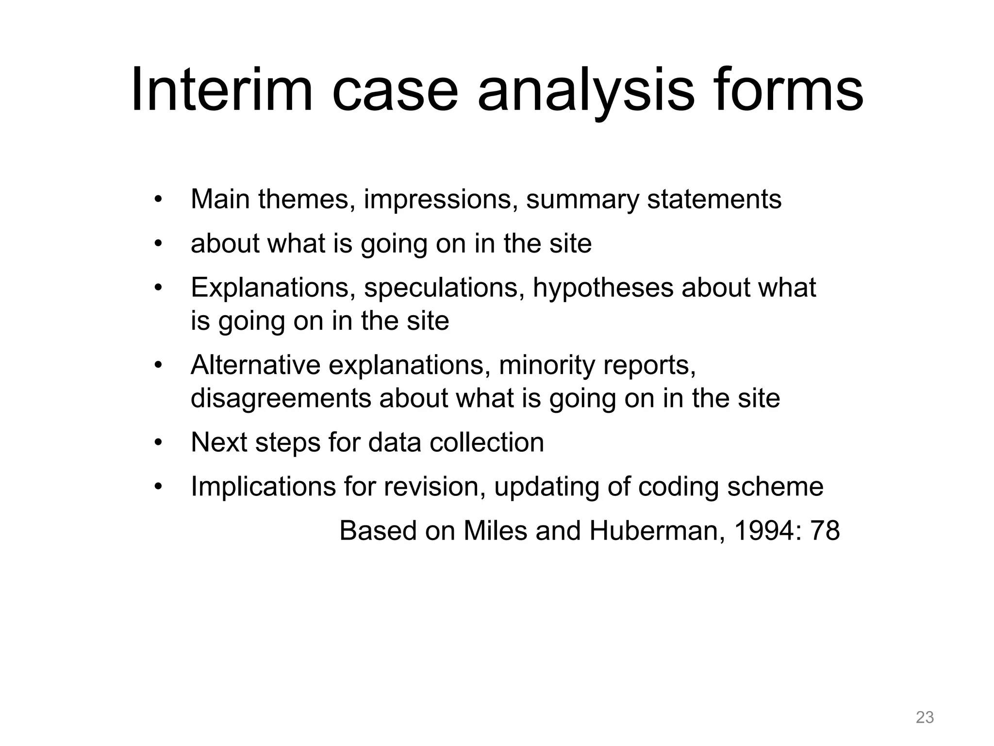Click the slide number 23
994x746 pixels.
[x=925, y=717]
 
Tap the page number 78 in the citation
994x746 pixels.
[x=825, y=530]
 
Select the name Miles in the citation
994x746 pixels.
[x=495, y=530]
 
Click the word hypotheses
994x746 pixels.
[x=603, y=288]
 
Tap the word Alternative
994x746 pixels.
[x=255, y=365]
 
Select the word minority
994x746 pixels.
[x=547, y=365]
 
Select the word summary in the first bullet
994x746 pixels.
[x=582, y=200]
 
